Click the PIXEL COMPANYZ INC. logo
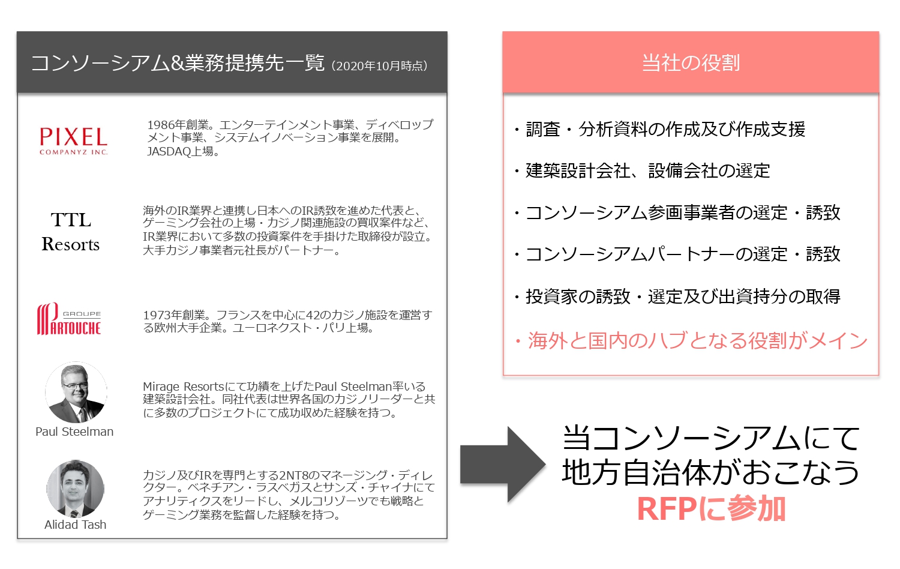pyautogui.click(x=74, y=140)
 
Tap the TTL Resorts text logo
pyautogui.click(x=71, y=232)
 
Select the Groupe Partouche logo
pyautogui.click(x=69, y=319)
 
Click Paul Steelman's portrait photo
pyautogui.click(x=76, y=392)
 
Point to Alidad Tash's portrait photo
pyautogui.click(x=75, y=489)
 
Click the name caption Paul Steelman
pyautogui.click(x=74, y=432)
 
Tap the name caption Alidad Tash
pyautogui.click(x=75, y=525)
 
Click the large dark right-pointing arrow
pyautogui.click(x=503, y=465)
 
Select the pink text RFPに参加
pyautogui.click(x=711, y=509)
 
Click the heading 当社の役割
pyautogui.click(x=691, y=62)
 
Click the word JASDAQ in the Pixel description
pyautogui.click(x=169, y=151)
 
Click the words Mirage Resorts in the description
pyautogui.click(x=183, y=387)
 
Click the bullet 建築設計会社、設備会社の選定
pyautogui.click(x=643, y=171)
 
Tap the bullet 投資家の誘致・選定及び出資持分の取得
pyautogui.click(x=677, y=297)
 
